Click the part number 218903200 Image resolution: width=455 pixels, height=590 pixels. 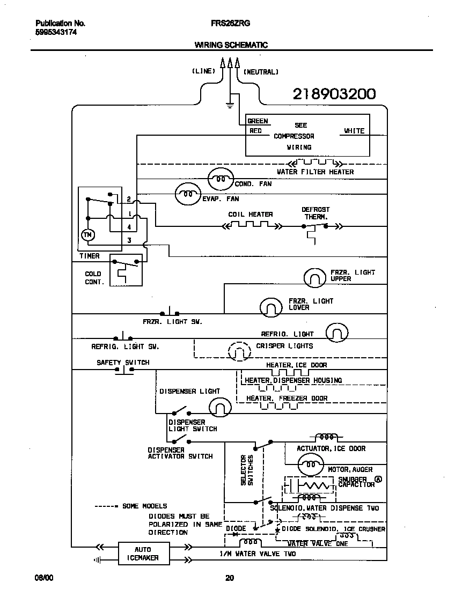[334, 94]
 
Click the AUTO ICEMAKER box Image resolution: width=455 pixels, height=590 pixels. [143, 554]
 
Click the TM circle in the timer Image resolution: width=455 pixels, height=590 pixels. [86, 235]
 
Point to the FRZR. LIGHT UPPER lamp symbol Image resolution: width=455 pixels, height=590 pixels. [315, 277]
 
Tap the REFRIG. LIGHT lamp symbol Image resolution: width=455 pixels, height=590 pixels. [337, 333]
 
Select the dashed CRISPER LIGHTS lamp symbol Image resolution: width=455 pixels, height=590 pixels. [239, 352]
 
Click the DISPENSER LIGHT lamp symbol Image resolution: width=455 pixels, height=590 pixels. [219, 409]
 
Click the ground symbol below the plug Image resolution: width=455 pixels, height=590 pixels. [230, 104]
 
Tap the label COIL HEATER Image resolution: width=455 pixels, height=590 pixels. [251, 214]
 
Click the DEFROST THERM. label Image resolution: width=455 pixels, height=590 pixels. [315, 213]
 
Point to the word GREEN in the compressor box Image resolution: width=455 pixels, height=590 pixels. [258, 121]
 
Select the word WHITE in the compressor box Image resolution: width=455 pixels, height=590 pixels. [354, 131]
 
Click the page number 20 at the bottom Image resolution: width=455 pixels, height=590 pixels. [229, 578]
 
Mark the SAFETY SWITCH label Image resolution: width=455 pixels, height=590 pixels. [123, 363]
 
